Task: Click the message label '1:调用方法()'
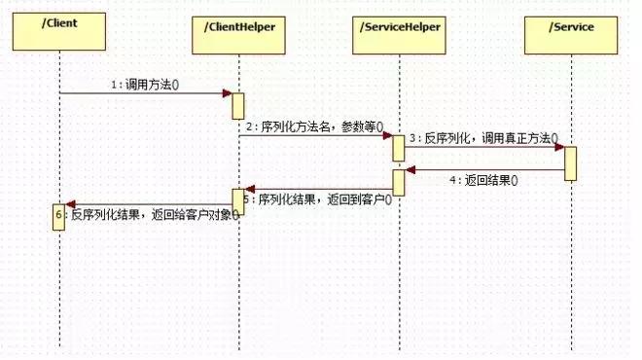pyautogui.click(x=146, y=85)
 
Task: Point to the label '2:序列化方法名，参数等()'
pyautogui.click(x=314, y=126)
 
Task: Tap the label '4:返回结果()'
pyautogui.click(x=483, y=180)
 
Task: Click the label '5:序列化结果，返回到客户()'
pyautogui.click(x=318, y=198)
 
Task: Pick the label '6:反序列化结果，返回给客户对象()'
pyautogui.click(x=154, y=214)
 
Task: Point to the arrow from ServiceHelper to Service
pyautogui.click(x=483, y=148)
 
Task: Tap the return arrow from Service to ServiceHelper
pyautogui.click(x=483, y=170)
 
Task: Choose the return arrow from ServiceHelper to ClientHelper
pyautogui.click(x=318, y=189)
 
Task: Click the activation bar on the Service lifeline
pyautogui.click(x=570, y=162)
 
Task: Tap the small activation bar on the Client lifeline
pyautogui.click(x=58, y=217)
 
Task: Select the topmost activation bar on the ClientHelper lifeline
pyautogui.click(x=237, y=106)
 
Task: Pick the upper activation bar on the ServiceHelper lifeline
pyautogui.click(x=399, y=148)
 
